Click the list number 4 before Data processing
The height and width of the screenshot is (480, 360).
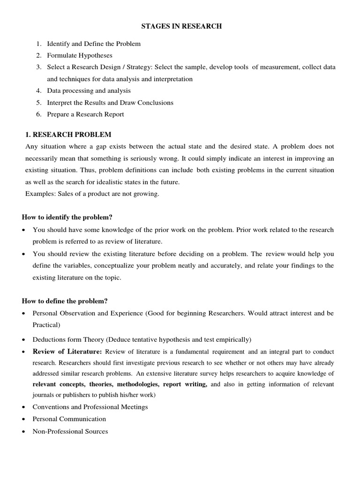click(39, 91)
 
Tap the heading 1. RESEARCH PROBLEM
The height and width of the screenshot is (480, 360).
click(68, 135)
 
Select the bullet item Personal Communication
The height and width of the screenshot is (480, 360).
click(69, 419)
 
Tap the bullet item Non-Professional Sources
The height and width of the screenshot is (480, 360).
click(70, 431)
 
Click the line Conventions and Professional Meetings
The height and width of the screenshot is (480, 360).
click(90, 407)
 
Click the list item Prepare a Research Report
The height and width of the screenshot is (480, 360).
click(85, 114)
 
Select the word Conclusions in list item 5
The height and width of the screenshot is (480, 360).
click(155, 103)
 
